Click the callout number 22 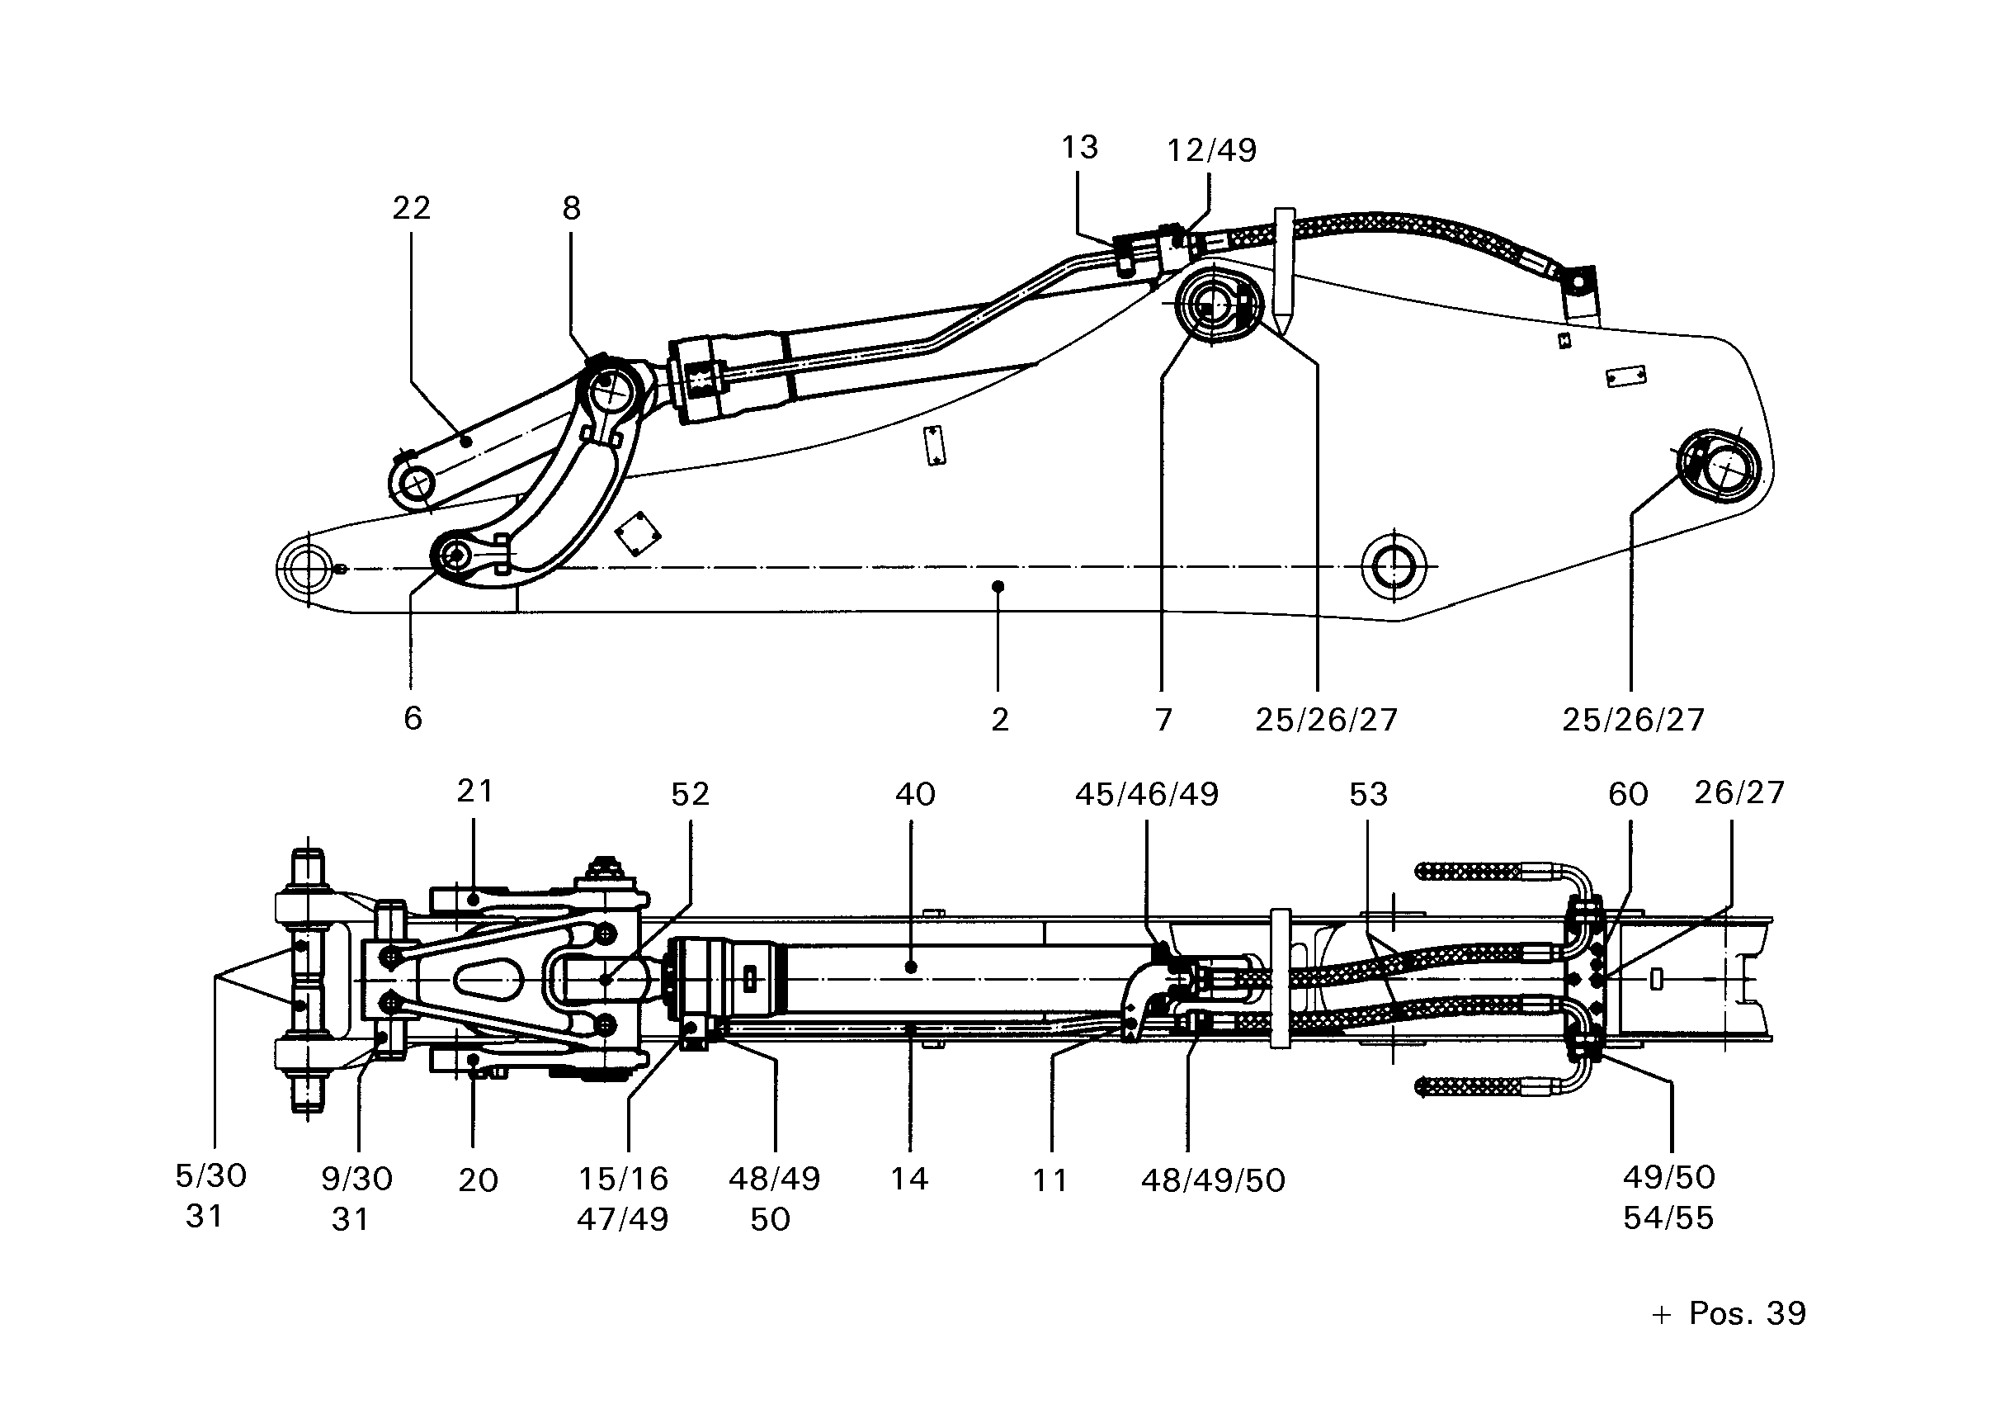pyautogui.click(x=412, y=208)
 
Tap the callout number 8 pyautogui.click(x=571, y=208)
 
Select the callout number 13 pyautogui.click(x=1079, y=147)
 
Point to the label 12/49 pyautogui.click(x=1211, y=150)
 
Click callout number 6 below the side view pyautogui.click(x=413, y=718)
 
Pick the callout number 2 pyautogui.click(x=999, y=719)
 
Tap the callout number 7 pyautogui.click(x=1163, y=719)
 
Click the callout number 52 pyautogui.click(x=690, y=794)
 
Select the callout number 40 pyautogui.click(x=915, y=794)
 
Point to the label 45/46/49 pyautogui.click(x=1147, y=794)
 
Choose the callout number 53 pyautogui.click(x=1369, y=794)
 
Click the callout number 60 pyautogui.click(x=1628, y=794)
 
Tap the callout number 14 pyautogui.click(x=909, y=1178)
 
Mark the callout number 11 pyautogui.click(x=1050, y=1180)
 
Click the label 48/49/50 pyautogui.click(x=1213, y=1180)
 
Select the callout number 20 pyautogui.click(x=479, y=1180)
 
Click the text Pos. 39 pyautogui.click(x=1748, y=1312)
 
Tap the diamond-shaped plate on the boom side pyautogui.click(x=638, y=534)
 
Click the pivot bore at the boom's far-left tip pyautogui.click(x=309, y=567)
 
